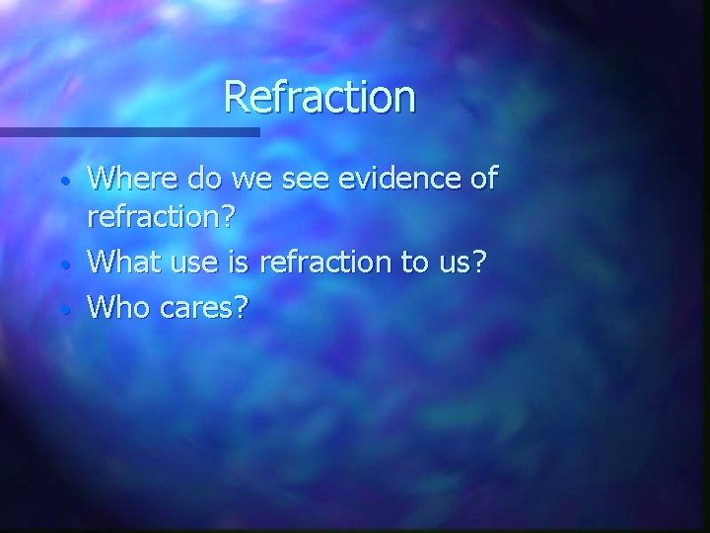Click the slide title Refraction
pyautogui.click(x=319, y=97)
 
